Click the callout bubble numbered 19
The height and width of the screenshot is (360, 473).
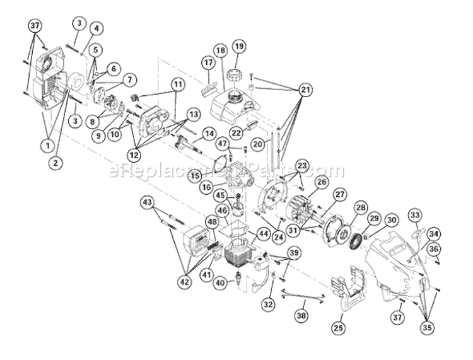[239, 47]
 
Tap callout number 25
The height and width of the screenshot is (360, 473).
[338, 328]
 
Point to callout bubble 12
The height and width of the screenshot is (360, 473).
[134, 155]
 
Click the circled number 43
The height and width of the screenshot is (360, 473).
[148, 202]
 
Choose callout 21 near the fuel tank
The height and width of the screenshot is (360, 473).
[305, 90]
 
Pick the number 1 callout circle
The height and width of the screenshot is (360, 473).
[47, 146]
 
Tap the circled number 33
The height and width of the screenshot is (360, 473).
[416, 216]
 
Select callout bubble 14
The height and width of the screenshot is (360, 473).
[209, 133]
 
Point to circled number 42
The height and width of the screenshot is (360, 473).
[185, 282]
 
